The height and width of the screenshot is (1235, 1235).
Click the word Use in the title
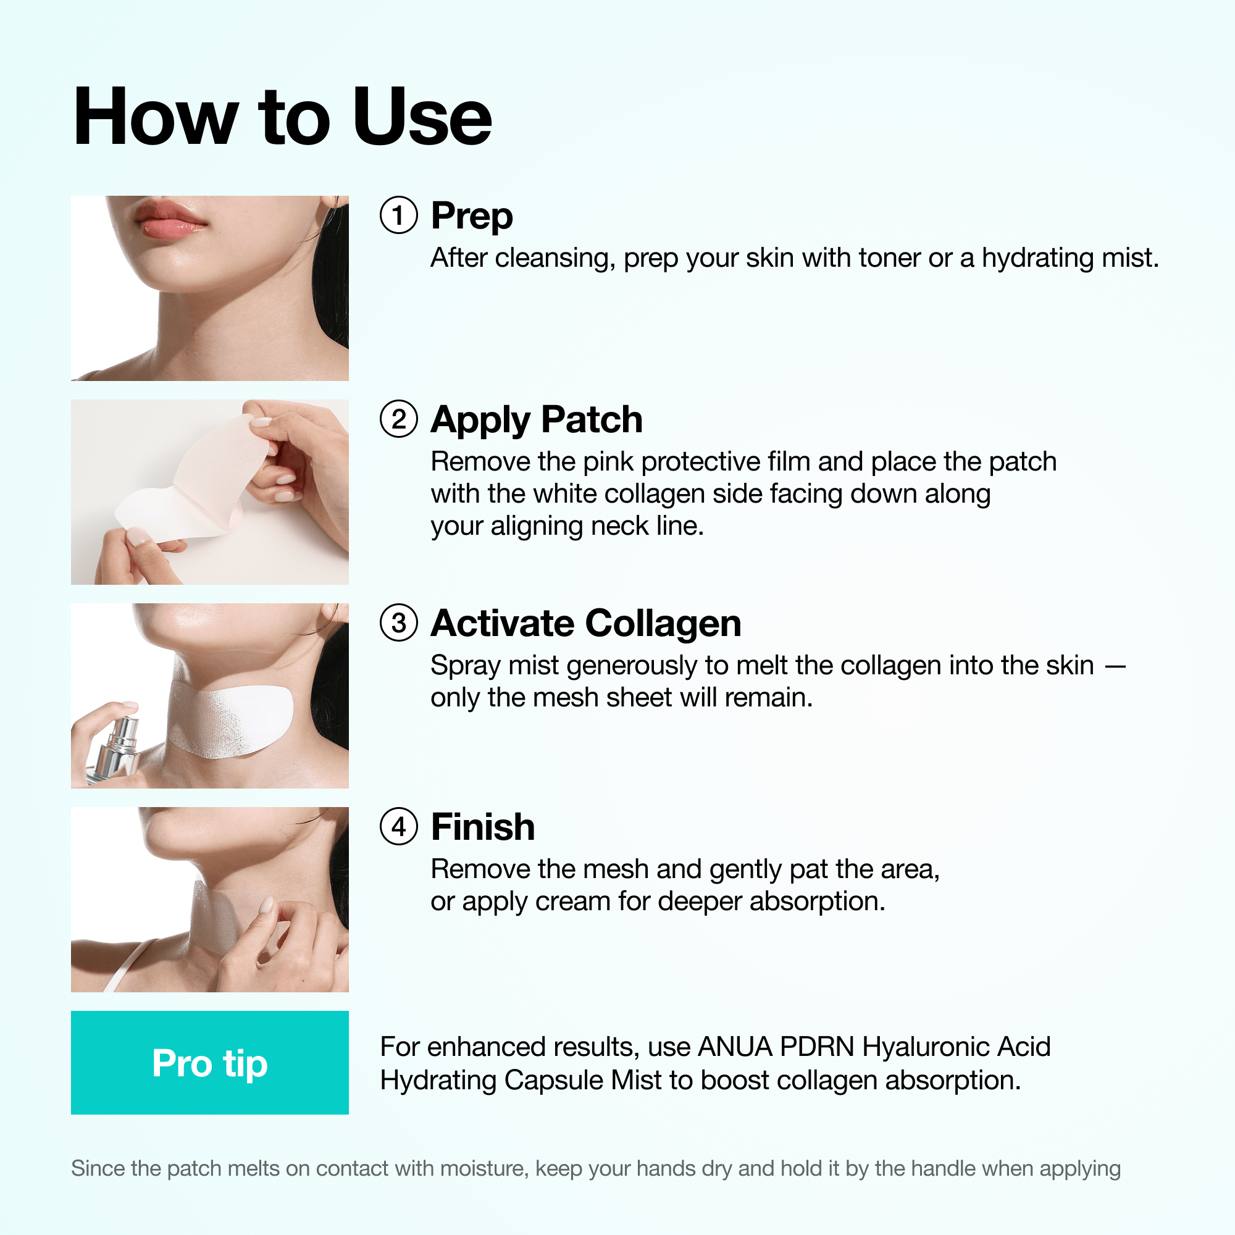coord(422,117)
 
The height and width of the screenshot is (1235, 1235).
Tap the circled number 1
coord(398,216)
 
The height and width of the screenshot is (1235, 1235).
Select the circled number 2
coord(398,419)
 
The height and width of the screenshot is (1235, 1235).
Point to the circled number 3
coord(398,622)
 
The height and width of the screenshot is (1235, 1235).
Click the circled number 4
coord(398,827)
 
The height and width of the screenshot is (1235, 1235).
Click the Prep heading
coord(472,216)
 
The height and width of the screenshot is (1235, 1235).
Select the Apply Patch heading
coord(537,420)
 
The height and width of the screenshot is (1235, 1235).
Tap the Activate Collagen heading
coord(585,623)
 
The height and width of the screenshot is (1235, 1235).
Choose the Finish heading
coord(483,827)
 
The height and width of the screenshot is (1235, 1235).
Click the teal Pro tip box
coord(210,1062)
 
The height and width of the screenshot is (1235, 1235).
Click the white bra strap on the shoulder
coord(131,965)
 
